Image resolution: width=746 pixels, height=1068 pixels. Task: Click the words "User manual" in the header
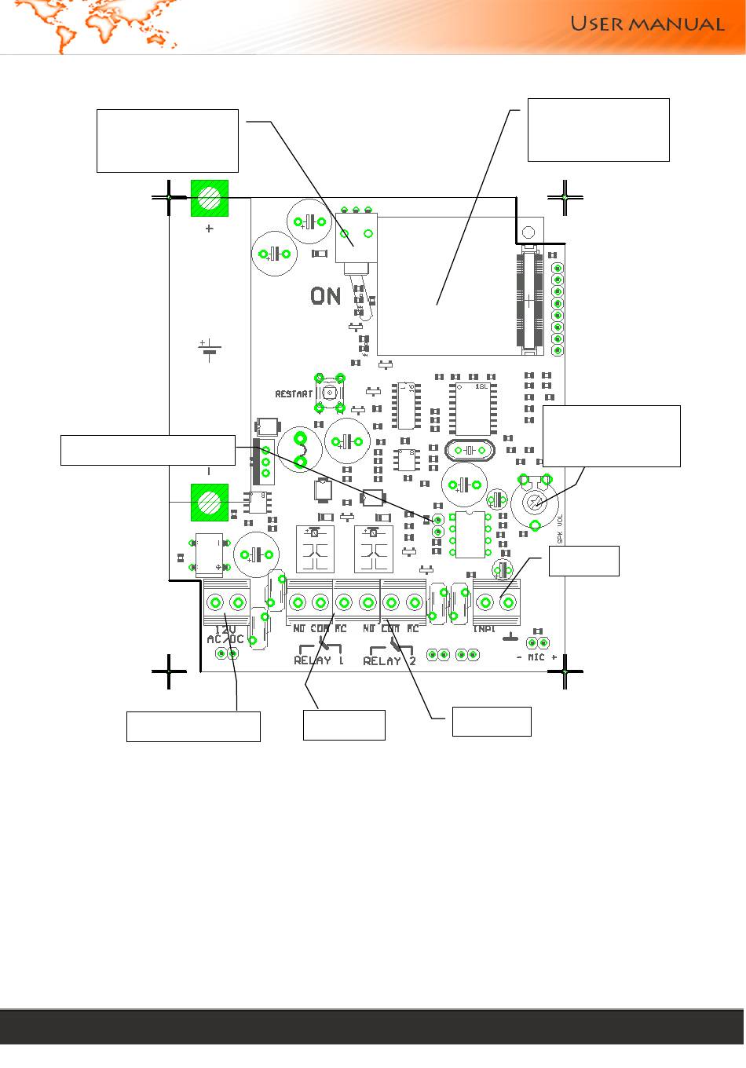[x=646, y=24]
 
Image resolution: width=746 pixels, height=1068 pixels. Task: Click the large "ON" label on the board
[x=326, y=296]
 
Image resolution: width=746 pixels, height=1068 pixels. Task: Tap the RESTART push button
[x=329, y=393]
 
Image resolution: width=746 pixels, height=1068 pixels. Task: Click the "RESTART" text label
[x=294, y=393]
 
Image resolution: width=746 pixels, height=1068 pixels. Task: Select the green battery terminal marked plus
[x=210, y=198]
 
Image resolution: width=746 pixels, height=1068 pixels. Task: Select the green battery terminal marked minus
[x=210, y=502]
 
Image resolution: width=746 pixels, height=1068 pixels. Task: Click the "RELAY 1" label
[x=319, y=660]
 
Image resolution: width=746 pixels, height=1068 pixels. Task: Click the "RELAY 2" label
[x=389, y=660]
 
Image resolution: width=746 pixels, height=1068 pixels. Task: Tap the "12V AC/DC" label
[x=226, y=635]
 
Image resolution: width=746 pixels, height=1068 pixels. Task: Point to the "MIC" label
[x=537, y=657]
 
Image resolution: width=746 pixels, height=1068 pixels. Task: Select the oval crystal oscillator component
[x=469, y=451]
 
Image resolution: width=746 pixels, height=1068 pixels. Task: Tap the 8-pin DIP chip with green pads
[x=471, y=533]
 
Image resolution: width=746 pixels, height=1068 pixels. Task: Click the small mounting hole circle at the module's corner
[x=528, y=232]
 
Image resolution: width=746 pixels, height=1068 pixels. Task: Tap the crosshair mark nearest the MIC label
[x=565, y=672]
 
